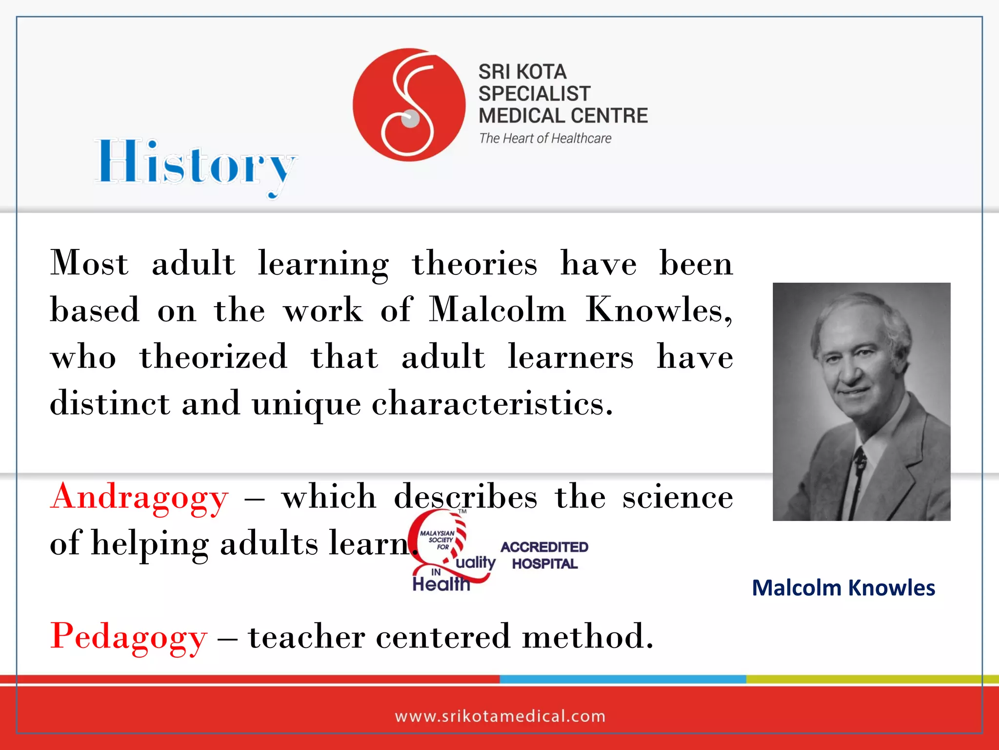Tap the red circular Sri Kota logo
click(409, 104)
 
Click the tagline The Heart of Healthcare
click(545, 139)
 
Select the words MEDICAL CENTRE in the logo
click(563, 116)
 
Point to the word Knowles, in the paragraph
click(659, 310)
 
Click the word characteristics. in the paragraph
click(492, 404)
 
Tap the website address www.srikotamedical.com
click(500, 716)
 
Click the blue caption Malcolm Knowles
click(843, 588)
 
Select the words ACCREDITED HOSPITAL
click(544, 555)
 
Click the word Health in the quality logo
click(441, 584)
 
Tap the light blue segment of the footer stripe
click(622, 679)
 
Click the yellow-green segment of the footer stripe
click(872, 679)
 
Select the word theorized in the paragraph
click(214, 357)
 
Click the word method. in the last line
click(587, 637)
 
